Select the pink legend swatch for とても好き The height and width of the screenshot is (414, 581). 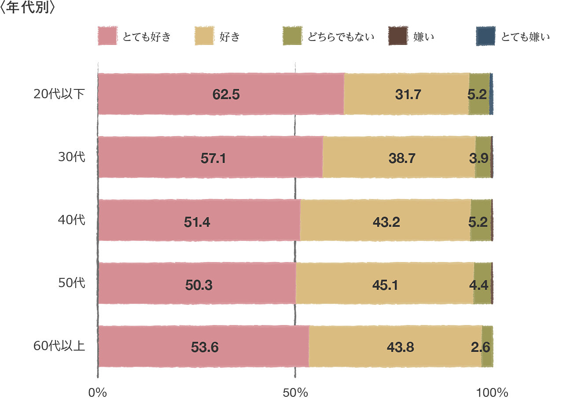(x=107, y=36)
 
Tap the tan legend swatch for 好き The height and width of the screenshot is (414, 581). (x=204, y=36)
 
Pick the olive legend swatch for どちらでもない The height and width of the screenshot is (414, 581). (x=292, y=36)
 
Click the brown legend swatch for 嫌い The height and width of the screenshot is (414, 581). (x=398, y=36)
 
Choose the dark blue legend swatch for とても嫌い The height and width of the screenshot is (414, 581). (x=485, y=36)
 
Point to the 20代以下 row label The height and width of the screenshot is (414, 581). (x=59, y=94)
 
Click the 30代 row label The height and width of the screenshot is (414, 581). (x=72, y=157)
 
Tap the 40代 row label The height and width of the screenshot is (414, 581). (x=72, y=220)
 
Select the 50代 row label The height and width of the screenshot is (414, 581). (x=72, y=283)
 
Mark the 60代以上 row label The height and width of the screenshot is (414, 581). (x=59, y=346)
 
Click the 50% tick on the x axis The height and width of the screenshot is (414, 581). (x=295, y=392)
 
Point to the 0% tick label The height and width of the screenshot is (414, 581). (x=97, y=392)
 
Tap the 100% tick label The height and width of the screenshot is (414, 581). (x=492, y=392)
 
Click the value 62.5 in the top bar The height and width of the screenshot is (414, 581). (x=226, y=94)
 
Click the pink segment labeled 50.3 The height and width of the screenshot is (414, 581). (x=199, y=285)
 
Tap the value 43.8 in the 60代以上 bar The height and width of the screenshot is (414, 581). (x=400, y=347)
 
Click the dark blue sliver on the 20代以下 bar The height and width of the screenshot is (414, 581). (x=491, y=94)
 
